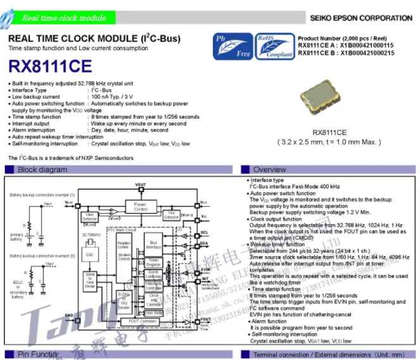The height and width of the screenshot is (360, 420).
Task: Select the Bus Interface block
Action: [153, 245]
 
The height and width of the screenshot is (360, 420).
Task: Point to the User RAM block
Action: [153, 313]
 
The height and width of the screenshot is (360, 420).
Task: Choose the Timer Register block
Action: [153, 261]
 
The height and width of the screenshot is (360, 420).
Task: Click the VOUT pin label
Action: [140, 184]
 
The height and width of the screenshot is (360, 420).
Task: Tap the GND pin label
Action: [68, 314]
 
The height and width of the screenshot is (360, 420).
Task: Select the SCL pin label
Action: [204, 233]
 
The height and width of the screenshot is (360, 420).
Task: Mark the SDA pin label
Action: [204, 243]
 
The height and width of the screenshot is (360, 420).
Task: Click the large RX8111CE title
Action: [50, 66]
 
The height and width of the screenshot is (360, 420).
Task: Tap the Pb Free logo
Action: [232, 46]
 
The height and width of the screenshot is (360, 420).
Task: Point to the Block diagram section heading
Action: [42, 169]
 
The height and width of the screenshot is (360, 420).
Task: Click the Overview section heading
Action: [269, 169]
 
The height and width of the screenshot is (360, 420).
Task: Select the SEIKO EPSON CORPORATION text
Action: [361, 18]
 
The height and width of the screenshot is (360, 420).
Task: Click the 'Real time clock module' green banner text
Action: [64, 18]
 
